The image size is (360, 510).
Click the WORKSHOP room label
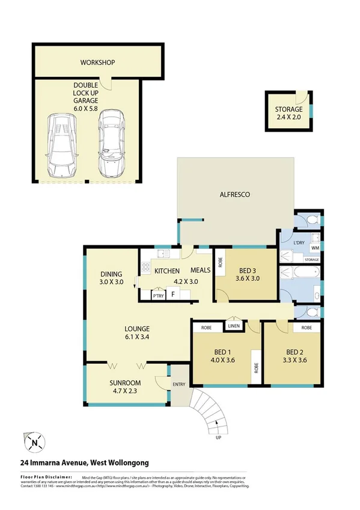[97, 63]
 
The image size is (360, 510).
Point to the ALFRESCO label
[234, 195]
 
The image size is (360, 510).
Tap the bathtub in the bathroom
[299, 272]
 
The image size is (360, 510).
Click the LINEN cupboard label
[234, 326]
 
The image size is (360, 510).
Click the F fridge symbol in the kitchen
[173, 295]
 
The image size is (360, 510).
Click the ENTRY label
[180, 384]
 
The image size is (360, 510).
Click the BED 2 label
[294, 356]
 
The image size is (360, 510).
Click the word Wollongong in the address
[127, 462]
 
